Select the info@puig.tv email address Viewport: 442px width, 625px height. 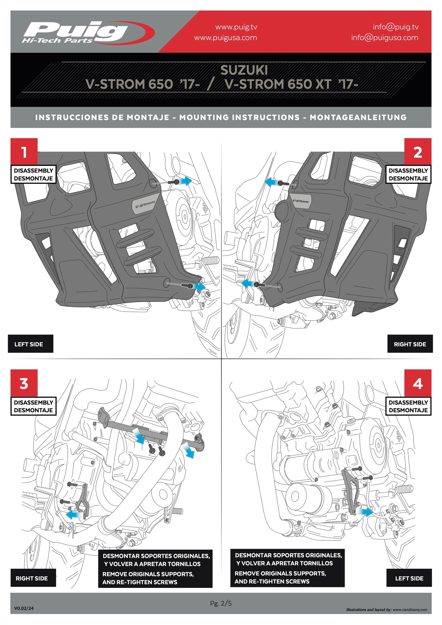pyautogui.click(x=395, y=27)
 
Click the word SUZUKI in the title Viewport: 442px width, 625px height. pyautogui.click(x=244, y=70)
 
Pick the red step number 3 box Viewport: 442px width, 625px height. pyautogui.click(x=24, y=383)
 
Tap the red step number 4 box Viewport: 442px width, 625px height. pyautogui.click(x=417, y=383)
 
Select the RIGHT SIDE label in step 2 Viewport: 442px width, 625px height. pyautogui.click(x=410, y=344)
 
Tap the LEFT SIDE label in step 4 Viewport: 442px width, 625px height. pyautogui.click(x=409, y=578)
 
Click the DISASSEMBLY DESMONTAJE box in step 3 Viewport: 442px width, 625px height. pyautogui.click(x=33, y=406)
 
